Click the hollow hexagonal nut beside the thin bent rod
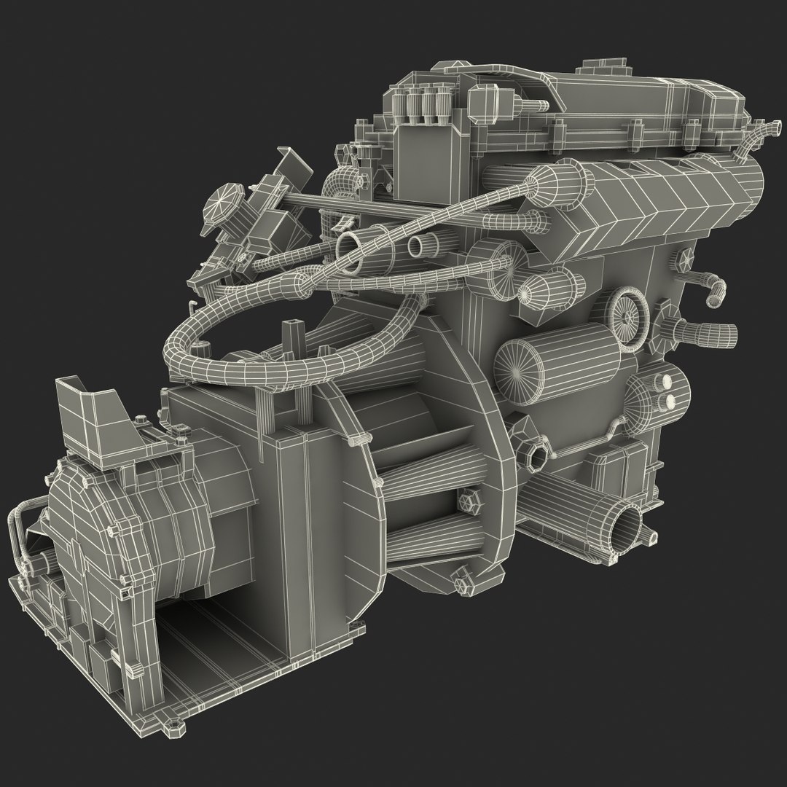538,456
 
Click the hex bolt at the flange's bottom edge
460,584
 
